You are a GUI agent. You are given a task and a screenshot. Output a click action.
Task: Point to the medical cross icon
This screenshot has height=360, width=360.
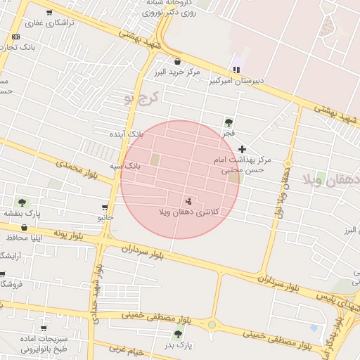pyautogui.click(x=243, y=149)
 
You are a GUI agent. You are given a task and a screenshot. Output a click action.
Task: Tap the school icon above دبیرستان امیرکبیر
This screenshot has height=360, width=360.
pyautogui.click(x=236, y=70)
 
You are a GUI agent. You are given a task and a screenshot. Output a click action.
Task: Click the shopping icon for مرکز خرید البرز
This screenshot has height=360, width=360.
pyautogui.click(x=176, y=61)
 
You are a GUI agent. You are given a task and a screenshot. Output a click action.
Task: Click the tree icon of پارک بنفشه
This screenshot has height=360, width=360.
pyautogui.click(x=22, y=202)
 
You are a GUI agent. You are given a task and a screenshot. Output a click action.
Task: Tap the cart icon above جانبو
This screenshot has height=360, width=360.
pyautogui.click(x=105, y=207)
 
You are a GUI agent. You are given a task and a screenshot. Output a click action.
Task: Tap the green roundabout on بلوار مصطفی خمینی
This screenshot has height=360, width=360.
pyautogui.click(x=212, y=325)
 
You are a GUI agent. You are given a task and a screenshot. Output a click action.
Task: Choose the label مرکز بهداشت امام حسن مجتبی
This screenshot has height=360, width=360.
pyautogui.click(x=242, y=165)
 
